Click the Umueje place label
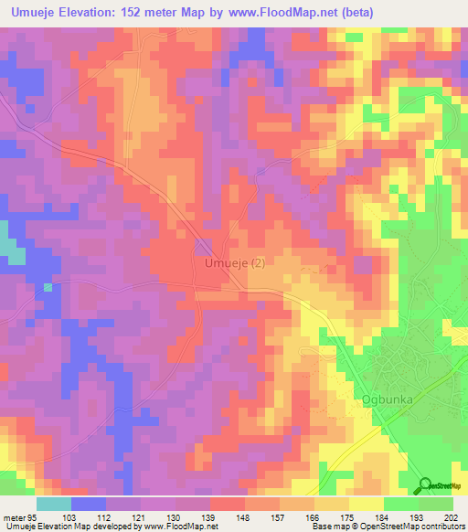[223, 263]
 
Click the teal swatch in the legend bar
[54, 504]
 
